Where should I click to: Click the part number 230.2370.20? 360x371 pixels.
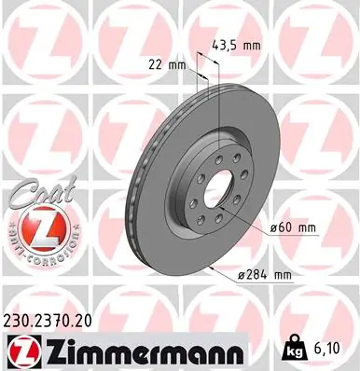tap(54, 319)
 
